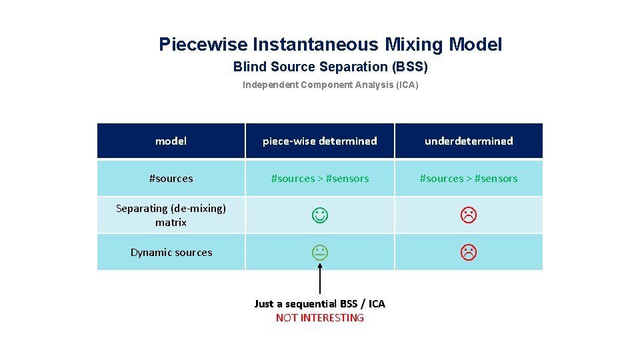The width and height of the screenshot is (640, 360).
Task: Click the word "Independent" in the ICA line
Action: coord(270,85)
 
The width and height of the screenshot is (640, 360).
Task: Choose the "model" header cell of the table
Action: coord(171,141)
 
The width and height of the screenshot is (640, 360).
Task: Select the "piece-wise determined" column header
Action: coord(319,141)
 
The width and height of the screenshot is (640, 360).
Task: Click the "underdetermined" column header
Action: coord(469,141)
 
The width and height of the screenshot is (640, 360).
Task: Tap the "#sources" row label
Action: coord(171,178)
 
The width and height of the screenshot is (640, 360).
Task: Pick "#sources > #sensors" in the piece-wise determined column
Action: coord(319,178)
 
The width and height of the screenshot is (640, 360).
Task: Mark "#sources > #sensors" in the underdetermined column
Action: coord(469,178)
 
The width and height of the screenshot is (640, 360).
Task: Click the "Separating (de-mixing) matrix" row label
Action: coord(171,215)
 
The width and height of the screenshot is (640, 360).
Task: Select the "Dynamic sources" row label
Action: coord(171,252)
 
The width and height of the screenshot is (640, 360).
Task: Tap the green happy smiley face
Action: coord(319,215)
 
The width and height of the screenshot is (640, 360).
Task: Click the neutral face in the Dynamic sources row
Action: coord(319,252)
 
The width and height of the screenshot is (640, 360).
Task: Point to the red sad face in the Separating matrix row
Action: coord(469,215)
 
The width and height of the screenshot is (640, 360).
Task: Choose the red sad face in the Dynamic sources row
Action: coord(469,252)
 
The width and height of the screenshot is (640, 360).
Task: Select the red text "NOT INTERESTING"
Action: coord(320,318)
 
